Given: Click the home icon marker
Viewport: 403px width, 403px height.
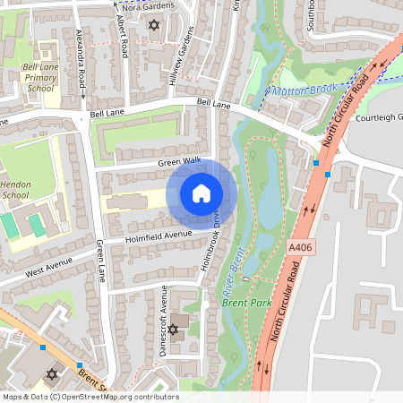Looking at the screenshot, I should pos(201,193).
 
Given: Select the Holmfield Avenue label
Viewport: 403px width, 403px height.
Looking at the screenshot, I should pos(159,235).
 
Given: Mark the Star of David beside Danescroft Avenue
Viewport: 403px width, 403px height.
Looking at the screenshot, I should pos(173,329).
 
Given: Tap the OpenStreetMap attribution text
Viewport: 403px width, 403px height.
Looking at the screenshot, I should pos(90,396).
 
